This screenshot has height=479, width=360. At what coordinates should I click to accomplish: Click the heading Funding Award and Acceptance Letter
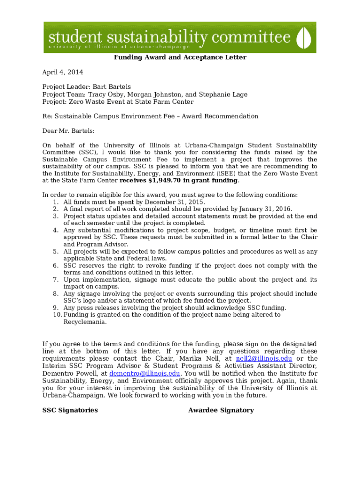[180, 58]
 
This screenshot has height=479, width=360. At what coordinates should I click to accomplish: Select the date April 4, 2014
[63, 72]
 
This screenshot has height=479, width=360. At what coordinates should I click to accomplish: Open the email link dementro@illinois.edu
[144, 373]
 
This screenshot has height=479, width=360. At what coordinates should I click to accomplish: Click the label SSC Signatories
[70, 410]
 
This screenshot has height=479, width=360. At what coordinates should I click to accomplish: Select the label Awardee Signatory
[221, 410]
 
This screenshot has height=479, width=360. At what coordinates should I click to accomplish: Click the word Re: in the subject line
[48, 116]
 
